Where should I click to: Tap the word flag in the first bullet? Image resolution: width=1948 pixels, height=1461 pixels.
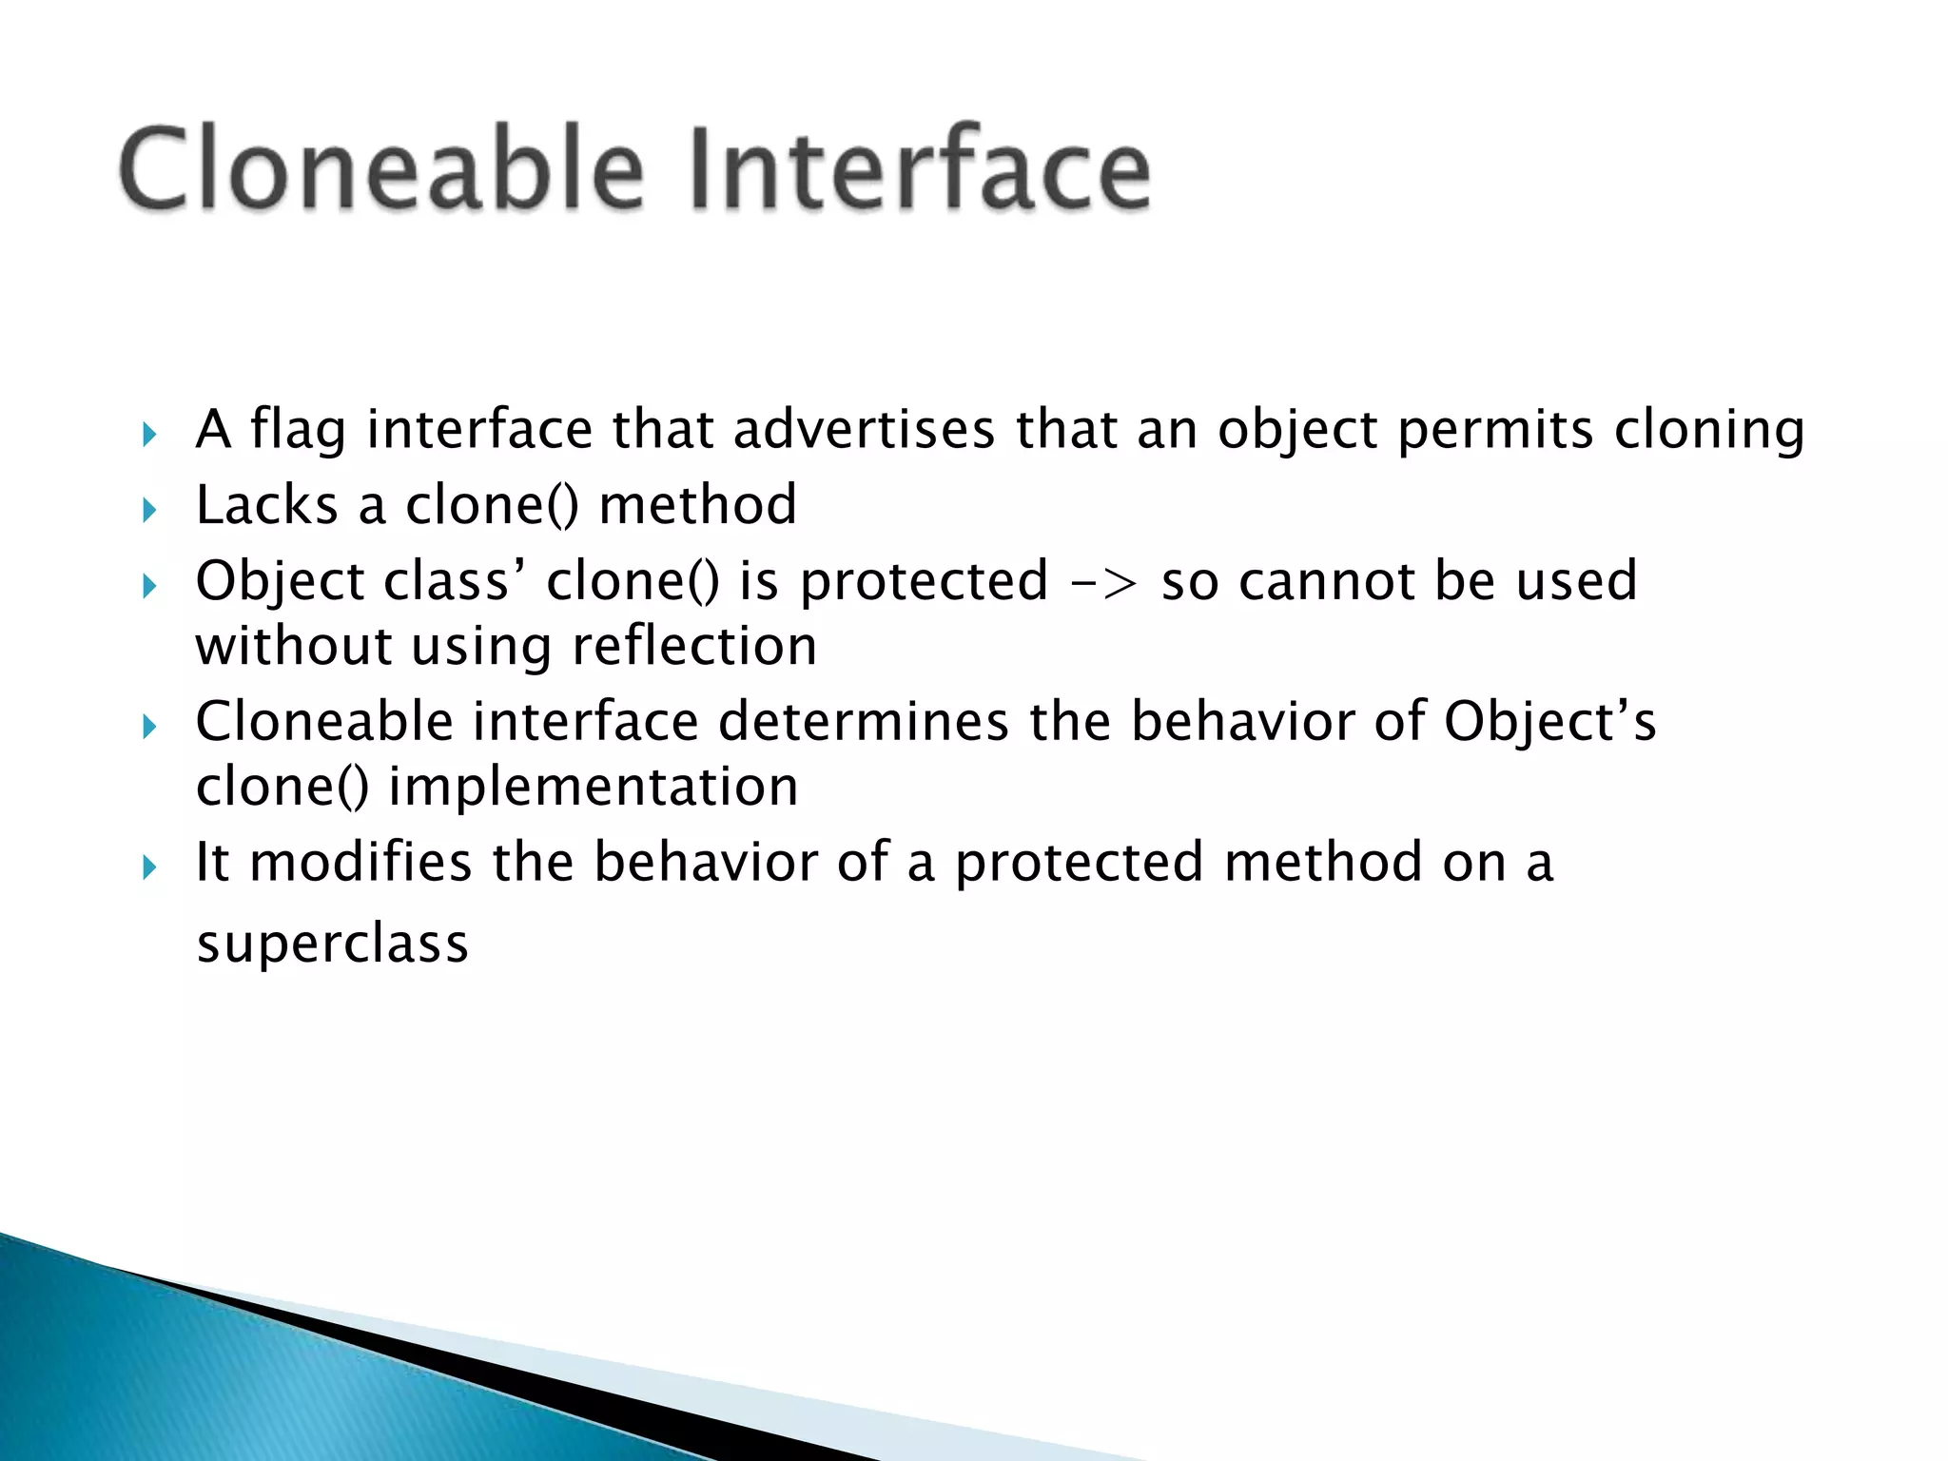pos(298,430)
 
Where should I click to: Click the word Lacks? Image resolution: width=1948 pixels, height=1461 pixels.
pos(266,504)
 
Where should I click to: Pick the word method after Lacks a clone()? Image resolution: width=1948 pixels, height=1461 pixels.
pos(697,504)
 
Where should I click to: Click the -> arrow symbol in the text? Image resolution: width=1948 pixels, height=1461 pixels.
pos(1103,581)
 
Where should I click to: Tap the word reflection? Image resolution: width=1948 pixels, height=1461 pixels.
pos(694,646)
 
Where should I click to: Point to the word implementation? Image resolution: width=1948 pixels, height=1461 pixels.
pos(593,787)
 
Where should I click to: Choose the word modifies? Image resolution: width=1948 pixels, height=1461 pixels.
pos(360,862)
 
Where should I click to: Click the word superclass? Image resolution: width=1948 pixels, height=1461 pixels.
pos(332,944)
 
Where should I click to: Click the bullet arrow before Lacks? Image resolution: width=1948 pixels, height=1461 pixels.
pos(148,511)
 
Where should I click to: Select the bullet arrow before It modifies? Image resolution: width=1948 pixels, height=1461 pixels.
pos(148,867)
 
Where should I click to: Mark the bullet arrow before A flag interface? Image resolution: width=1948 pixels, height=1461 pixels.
pos(148,436)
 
